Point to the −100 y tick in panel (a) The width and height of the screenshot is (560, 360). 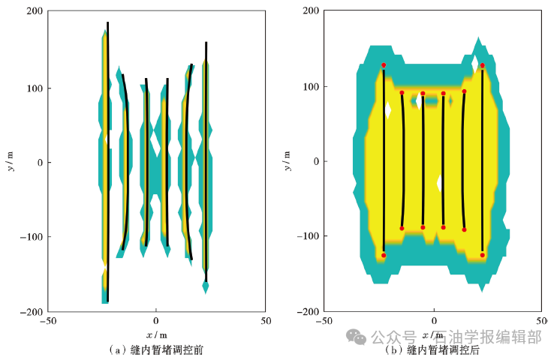click(29, 236)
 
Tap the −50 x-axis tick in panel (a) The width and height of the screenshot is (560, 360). click(47, 321)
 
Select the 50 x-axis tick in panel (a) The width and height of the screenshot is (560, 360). click(265, 321)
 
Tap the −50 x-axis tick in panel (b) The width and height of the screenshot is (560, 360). click(324, 321)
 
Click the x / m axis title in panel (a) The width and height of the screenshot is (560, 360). click(156, 334)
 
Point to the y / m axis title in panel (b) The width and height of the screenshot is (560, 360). click(289, 161)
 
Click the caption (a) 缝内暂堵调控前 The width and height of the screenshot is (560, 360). click(156, 349)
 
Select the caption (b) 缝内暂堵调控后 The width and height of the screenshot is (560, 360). click(432, 350)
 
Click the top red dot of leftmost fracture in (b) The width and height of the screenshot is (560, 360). click(384, 65)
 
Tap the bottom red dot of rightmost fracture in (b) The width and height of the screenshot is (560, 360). click(483, 255)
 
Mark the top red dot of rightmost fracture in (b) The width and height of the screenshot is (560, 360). click(483, 65)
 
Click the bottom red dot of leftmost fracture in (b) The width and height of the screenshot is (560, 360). click(384, 256)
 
